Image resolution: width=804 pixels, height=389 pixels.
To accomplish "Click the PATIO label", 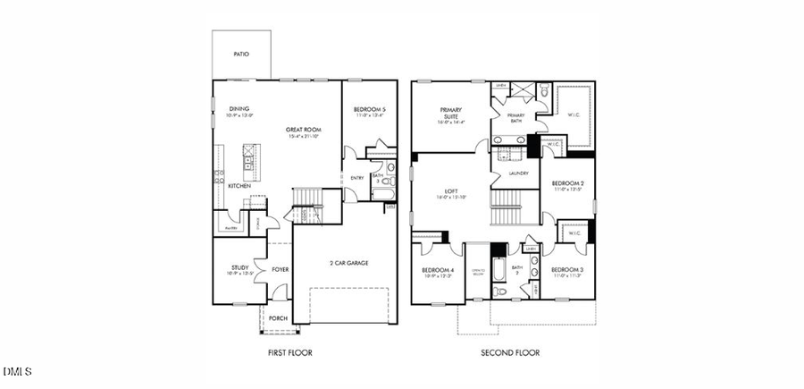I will pos(241,55).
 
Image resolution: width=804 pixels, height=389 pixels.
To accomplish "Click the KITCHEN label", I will pos(239,186).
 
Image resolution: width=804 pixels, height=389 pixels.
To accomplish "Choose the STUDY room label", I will pos(239,267).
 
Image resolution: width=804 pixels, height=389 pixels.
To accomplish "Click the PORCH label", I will pos(278,317).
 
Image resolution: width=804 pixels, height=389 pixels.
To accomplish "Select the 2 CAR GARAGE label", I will pos(348,263).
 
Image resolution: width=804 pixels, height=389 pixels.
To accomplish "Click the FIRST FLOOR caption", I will pos(290,353).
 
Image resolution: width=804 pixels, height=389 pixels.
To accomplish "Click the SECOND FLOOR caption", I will pos(510,353).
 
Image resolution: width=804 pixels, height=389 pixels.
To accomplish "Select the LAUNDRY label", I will pos(518,173).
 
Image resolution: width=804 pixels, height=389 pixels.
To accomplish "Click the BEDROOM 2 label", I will pos(568,183).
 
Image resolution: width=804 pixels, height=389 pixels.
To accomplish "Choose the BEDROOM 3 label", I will pos(567,270).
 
